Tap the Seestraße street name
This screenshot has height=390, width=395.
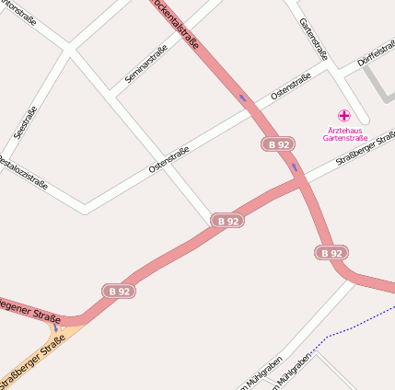coord(26,124)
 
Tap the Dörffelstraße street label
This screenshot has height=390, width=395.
coord(376,54)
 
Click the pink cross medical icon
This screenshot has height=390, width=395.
coord(344,116)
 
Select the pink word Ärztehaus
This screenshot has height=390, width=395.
coord(344,130)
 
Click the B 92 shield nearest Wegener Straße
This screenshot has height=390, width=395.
coord(118,292)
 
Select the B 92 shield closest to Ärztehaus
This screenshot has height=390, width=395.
coord(277,144)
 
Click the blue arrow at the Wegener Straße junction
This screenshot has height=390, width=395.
coord(56,327)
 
